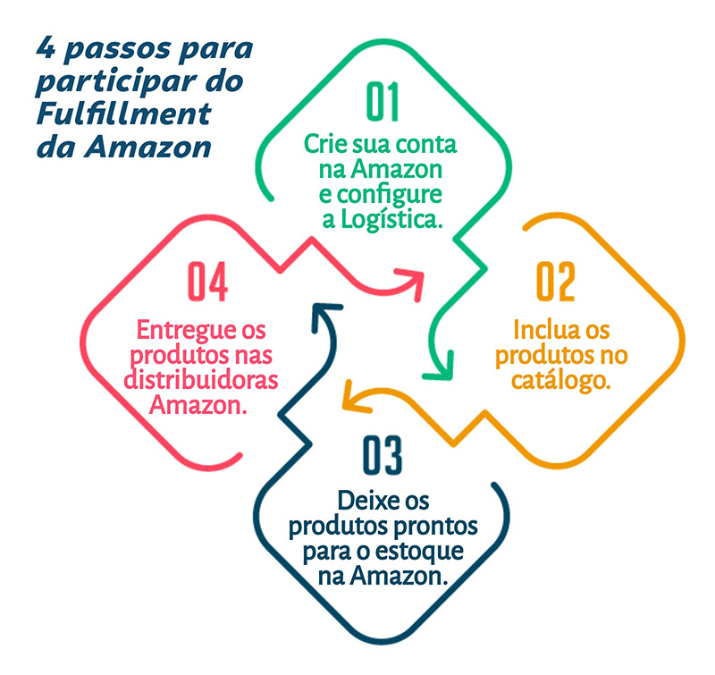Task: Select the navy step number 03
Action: click(383, 456)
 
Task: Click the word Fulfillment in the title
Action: click(124, 114)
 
